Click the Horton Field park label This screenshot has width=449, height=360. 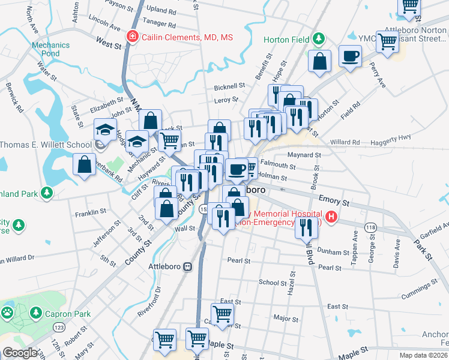(x=286, y=40)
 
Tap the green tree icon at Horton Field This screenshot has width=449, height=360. (x=319, y=41)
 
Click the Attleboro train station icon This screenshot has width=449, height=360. (x=188, y=266)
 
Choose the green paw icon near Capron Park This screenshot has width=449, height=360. (x=7, y=313)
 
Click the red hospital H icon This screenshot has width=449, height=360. (x=331, y=217)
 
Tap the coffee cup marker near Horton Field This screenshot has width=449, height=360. (x=349, y=57)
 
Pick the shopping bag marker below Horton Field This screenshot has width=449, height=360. (x=320, y=61)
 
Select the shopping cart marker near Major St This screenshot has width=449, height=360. (x=222, y=313)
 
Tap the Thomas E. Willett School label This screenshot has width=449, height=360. (x=46, y=145)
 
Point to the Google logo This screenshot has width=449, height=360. (x=20, y=353)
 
